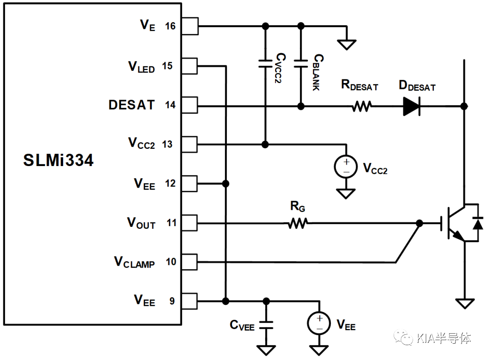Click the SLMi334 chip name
(58, 160)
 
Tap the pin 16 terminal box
(190, 26)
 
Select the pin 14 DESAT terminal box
(189, 105)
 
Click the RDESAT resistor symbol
(362, 106)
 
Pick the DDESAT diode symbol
(412, 106)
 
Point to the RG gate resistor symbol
(298, 223)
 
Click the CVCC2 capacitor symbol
(265, 64)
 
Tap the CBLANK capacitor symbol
(301, 64)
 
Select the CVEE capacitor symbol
(266, 325)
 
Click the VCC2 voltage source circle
(346, 166)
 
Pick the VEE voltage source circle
(319, 323)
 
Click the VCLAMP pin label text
(134, 262)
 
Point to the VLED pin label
(141, 66)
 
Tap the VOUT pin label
(141, 223)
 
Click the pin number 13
(167, 144)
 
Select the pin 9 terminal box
(189, 301)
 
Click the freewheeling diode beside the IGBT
(478, 223)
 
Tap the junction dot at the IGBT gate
(419, 223)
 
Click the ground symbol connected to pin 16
(347, 45)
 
